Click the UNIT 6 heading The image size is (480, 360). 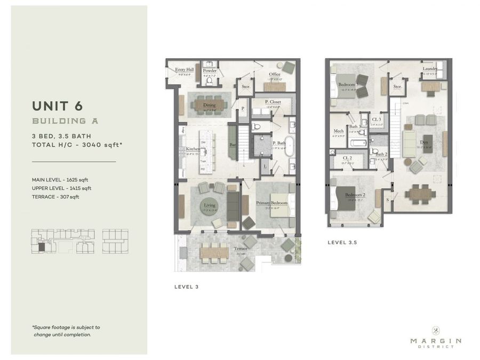pos(57,107)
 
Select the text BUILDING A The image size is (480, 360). pos(65,121)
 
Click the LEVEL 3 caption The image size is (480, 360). pos(186,287)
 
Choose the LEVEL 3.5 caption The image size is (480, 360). pos(342,242)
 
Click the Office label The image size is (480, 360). pos(274,75)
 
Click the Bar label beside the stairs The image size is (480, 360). pos(232,145)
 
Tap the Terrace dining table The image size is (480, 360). pos(214,252)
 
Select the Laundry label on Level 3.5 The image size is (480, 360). pos(430,69)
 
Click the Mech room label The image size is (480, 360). pos(339,131)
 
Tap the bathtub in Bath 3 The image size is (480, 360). pos(357,143)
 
